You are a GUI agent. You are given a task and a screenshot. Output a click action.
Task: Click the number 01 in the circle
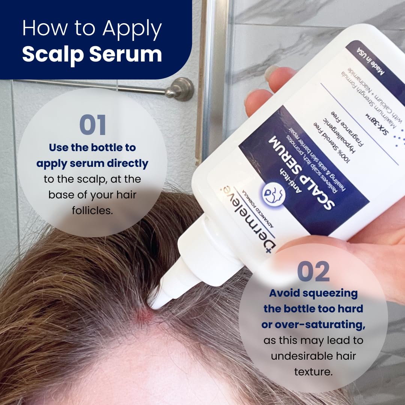93,126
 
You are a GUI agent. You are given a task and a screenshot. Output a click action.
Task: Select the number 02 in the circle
313,272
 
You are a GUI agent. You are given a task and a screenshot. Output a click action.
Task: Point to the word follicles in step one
92,210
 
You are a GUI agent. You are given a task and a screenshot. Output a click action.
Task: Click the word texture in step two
313,371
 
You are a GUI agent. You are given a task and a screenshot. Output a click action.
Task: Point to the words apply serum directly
92,163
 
